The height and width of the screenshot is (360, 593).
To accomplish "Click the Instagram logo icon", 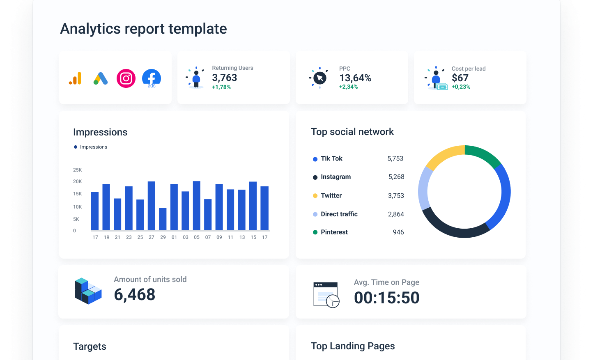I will point(126,78).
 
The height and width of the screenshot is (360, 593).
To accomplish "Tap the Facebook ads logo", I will point(152,78).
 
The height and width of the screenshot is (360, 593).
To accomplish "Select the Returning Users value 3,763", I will point(224,78).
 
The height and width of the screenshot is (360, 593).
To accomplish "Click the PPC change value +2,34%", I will point(348,87).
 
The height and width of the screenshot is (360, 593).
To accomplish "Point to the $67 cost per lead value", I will point(460,78).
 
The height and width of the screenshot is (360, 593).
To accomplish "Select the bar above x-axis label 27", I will point(152,205).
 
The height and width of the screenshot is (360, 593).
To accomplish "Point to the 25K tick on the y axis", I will point(77,170).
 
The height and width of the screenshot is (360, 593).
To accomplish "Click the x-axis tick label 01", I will point(174,237).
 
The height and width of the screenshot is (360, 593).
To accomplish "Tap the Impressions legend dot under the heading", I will point(76,147).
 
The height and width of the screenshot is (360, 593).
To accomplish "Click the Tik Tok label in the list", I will point(331,158).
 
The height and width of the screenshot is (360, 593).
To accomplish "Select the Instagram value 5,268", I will point(396,177).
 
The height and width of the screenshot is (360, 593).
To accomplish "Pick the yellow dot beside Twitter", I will point(315,196).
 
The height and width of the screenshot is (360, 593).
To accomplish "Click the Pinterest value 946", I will point(398,232).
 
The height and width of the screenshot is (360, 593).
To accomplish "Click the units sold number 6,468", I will point(134,295).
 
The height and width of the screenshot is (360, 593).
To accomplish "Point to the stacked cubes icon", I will point(88,291).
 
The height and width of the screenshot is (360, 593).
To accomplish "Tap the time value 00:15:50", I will point(386,298).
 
